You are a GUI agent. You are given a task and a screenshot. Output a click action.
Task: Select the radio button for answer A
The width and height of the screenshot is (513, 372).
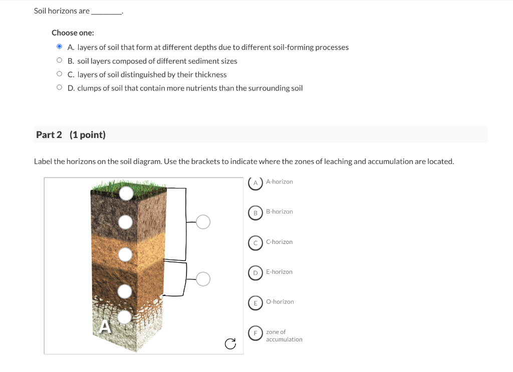click(x=59, y=47)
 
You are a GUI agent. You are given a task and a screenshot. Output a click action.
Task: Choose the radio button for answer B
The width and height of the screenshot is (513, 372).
click(x=59, y=60)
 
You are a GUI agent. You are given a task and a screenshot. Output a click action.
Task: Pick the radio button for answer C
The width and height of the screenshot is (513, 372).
click(x=59, y=74)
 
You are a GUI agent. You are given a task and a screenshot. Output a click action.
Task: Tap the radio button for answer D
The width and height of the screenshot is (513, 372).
click(x=59, y=87)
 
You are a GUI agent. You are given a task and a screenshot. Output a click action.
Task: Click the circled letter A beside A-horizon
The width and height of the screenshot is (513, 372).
click(x=255, y=182)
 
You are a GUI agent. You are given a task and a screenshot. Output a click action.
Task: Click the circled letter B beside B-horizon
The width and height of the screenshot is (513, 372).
click(x=255, y=212)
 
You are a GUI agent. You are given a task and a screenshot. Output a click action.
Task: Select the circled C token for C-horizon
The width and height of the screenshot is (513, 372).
click(x=255, y=242)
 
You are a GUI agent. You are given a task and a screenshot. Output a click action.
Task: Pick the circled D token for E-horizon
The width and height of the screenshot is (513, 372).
click(x=255, y=272)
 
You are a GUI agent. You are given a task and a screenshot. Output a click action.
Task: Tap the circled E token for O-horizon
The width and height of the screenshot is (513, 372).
click(x=255, y=302)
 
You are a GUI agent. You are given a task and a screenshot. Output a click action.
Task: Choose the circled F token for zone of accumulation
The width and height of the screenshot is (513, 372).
click(x=255, y=333)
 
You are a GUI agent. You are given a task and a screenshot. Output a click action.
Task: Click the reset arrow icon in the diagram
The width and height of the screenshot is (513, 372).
click(x=230, y=343)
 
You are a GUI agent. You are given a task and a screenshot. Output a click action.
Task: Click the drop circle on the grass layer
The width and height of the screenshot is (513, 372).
click(x=126, y=192)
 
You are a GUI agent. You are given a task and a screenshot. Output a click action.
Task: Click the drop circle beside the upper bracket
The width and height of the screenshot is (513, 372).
click(x=203, y=221)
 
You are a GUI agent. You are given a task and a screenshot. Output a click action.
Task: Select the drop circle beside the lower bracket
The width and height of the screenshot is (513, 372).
click(x=203, y=278)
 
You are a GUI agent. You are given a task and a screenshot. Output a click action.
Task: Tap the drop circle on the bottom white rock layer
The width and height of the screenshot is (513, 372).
click(x=124, y=316)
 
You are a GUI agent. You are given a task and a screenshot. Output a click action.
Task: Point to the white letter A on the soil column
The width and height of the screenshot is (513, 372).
click(x=104, y=326)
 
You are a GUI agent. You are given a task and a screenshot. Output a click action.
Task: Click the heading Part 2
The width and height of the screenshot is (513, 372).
click(x=49, y=135)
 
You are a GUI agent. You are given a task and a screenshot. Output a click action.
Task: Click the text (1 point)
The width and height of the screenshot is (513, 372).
click(x=88, y=135)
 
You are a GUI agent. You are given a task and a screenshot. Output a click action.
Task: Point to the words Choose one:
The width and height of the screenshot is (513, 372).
click(x=73, y=32)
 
